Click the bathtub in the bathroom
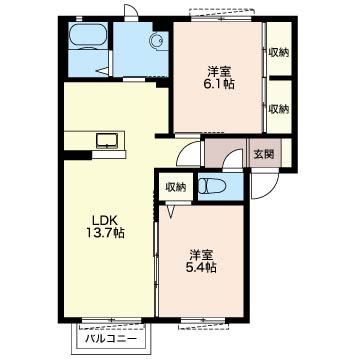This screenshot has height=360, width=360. pos(88,35)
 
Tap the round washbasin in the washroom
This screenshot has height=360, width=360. pos(157,41)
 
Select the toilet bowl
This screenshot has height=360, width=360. pos(211,187)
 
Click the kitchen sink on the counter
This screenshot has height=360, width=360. pos(107,140)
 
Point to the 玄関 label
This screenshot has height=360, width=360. pos(264,154)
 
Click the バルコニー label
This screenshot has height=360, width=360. pos(111,339)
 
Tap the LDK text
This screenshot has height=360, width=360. pos(104,220)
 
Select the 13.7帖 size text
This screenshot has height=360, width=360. pos(105,233)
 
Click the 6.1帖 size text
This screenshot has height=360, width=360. pos(218,84)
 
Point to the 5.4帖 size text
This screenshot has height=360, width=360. pos(201,268)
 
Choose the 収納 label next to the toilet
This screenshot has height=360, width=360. pos(176,188)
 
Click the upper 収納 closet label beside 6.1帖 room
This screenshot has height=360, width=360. pos(279,53)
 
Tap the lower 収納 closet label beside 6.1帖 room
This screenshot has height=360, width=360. pos(279,109)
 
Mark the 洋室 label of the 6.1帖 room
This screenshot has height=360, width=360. pos(218,72)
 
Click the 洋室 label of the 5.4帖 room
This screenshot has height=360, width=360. pos(201,255)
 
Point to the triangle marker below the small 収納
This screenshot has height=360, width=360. pos(171,211)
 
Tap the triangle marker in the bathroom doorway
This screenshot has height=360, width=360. pos(103,71)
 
